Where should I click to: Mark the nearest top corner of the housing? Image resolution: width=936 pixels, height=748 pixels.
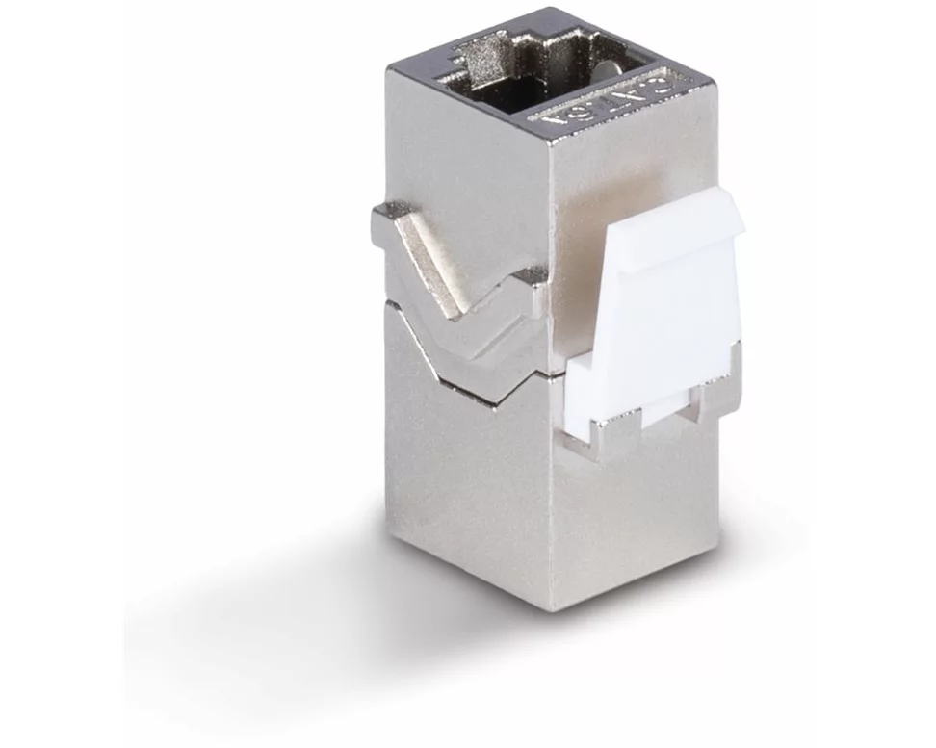(549, 143)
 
